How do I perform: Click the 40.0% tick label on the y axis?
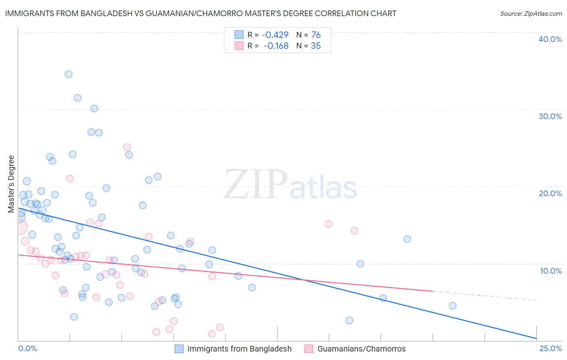coord(550,39)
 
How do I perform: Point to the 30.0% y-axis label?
coord(550,116)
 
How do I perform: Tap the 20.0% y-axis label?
coord(550,193)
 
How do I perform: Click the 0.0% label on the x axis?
coord(27,348)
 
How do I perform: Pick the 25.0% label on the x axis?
coord(550,348)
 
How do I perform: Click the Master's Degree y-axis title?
coord(11,184)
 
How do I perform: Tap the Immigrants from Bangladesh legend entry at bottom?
coord(239,349)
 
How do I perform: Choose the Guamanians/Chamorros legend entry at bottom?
coord(361,349)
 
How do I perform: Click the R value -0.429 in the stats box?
coord(275,35)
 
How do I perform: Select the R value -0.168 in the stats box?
coord(276,46)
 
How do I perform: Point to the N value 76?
coord(316,35)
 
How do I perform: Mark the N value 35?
coord(316,46)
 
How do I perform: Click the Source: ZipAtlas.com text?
coord(531,14)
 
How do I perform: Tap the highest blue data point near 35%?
coord(69,74)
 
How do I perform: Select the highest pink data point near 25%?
coord(127,147)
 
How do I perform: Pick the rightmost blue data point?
coord(452,306)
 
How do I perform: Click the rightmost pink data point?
coord(354,230)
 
